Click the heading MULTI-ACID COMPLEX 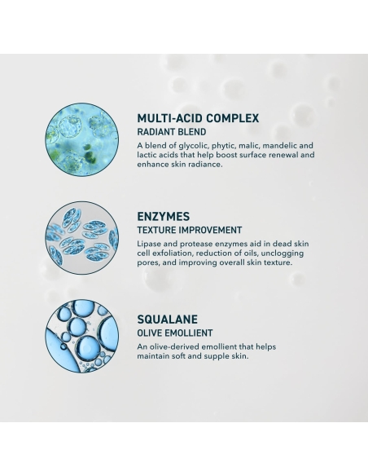pyautogui.click(x=199, y=118)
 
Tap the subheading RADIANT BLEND pyautogui.click(x=172, y=131)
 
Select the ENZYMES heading pyautogui.click(x=164, y=217)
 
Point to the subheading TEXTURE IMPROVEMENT pyautogui.click(x=191, y=230)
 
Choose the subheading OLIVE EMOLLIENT pyautogui.click(x=175, y=333)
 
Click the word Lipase pyautogui.click(x=151, y=244)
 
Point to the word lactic pyautogui.click(x=149, y=155)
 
